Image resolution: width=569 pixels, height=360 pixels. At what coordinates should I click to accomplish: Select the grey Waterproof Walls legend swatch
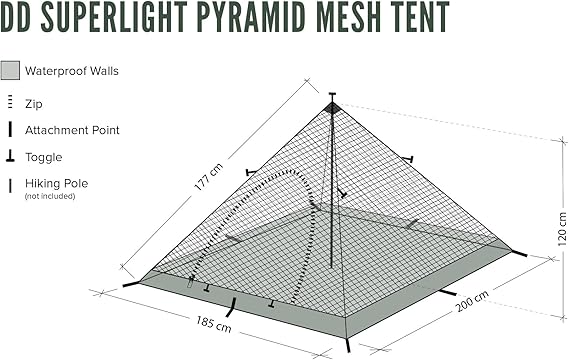(x=10, y=71)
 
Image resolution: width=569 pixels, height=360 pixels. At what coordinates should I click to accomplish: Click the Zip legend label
(x=33, y=103)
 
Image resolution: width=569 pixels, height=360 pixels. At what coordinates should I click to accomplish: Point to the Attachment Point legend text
(x=72, y=130)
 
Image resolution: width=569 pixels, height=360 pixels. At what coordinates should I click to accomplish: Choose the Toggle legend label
(x=44, y=157)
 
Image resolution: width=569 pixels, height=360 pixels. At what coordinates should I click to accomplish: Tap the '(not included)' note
(x=50, y=196)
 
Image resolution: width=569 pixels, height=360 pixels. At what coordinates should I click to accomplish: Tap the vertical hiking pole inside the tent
(x=332, y=200)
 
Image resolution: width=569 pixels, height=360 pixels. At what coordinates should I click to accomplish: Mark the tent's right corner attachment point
(x=516, y=251)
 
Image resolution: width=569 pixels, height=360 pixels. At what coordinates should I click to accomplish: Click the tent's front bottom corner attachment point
(x=347, y=342)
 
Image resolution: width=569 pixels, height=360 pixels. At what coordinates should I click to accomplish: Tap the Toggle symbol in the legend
(x=10, y=157)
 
